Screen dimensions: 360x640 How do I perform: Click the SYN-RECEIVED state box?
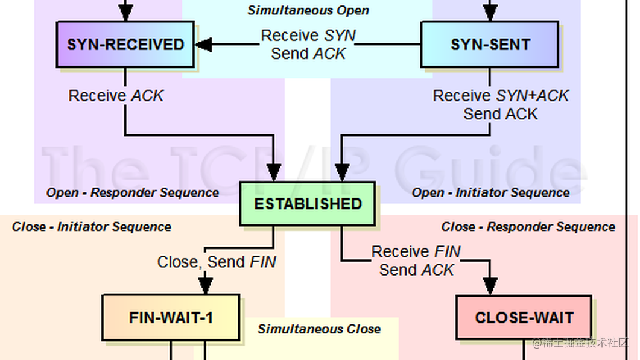(125, 45)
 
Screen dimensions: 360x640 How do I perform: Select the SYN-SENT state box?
(489, 45)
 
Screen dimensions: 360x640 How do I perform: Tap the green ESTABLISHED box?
(308, 204)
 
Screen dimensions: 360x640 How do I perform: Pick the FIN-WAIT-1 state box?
(171, 317)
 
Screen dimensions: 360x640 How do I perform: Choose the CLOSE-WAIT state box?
(524, 317)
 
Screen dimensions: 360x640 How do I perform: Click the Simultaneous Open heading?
(308, 10)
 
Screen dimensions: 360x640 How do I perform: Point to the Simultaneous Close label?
(319, 329)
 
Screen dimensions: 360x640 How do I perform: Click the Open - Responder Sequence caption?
(133, 193)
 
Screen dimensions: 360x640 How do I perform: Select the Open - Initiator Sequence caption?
(490, 193)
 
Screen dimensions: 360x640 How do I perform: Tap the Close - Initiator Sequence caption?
(91, 227)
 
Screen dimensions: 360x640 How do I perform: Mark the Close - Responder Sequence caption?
(528, 227)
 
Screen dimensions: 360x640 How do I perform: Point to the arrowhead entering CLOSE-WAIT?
(490, 286)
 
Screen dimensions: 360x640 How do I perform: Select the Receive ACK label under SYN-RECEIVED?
(116, 96)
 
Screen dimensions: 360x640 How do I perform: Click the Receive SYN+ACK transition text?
(501, 96)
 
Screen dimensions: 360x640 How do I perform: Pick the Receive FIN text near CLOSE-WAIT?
(416, 251)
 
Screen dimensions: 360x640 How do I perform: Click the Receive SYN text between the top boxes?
(308, 36)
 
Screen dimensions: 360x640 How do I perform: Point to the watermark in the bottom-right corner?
(580, 343)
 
